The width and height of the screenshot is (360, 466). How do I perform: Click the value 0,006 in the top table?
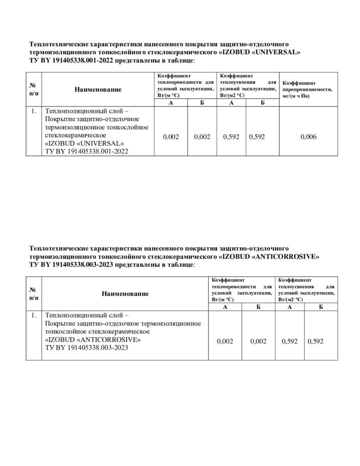pyautogui.click(x=309, y=137)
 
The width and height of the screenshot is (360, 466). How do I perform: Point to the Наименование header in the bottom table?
pyautogui.click(x=125, y=294)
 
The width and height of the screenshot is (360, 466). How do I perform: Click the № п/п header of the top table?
pyautogui.click(x=33, y=89)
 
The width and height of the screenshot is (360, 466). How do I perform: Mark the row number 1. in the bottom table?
pyautogui.click(x=33, y=315)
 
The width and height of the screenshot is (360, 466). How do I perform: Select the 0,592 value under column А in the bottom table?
pyautogui.click(x=290, y=341)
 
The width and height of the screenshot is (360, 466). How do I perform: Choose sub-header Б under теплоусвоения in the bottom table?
pyautogui.click(x=321, y=308)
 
